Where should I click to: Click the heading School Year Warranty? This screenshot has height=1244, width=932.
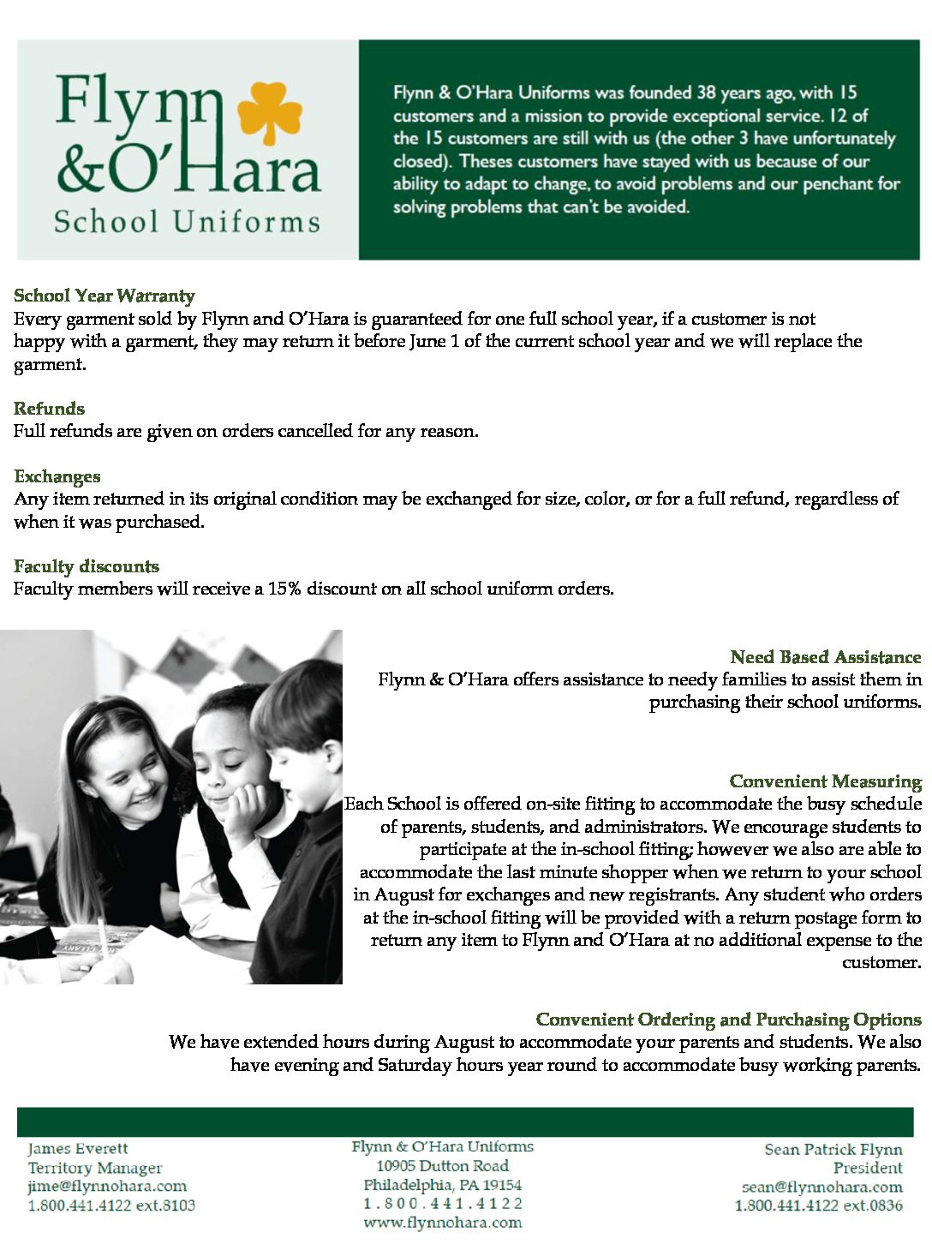[105, 296]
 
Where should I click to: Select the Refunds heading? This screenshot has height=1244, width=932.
[49, 408]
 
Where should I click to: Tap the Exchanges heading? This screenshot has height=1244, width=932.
[57, 476]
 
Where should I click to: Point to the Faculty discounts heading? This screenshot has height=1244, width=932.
[87, 566]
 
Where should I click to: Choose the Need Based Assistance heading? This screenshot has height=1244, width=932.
[825, 657]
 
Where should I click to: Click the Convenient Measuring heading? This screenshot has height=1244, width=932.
[825, 781]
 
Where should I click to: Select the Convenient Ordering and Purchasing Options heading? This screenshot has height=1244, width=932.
[728, 1020]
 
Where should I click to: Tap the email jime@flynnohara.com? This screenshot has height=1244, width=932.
[107, 1187]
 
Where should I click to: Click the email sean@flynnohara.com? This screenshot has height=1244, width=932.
[821, 1187]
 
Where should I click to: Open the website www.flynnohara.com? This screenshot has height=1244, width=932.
[442, 1223]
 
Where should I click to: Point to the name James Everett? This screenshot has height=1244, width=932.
[78, 1149]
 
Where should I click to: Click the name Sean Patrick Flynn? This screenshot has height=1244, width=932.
[833, 1149]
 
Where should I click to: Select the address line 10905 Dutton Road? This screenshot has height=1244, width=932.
[442, 1166]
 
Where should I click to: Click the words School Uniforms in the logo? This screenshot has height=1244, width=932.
[187, 222]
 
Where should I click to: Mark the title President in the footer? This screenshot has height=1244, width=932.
[867, 1168]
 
